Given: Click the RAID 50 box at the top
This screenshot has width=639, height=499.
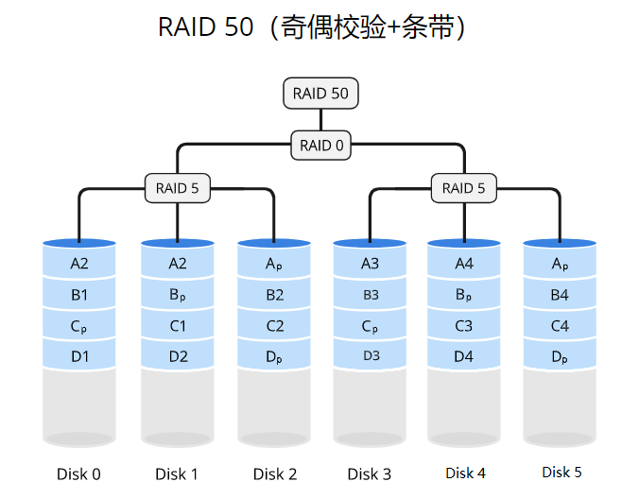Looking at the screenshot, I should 320,94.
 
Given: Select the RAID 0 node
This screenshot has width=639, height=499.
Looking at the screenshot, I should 321,146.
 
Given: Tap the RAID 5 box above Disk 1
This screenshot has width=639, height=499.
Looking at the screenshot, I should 177,188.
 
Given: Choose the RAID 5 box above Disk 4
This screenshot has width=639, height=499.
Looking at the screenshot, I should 463,188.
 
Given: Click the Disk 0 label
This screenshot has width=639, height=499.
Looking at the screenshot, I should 78,473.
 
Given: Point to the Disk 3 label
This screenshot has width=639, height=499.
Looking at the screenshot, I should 369,473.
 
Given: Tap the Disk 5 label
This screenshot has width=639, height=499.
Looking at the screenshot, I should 561,472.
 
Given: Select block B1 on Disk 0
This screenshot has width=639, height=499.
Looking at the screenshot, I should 79,295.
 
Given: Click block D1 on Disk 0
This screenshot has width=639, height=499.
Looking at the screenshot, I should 79,356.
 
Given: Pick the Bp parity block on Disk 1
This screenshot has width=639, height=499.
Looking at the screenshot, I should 177,295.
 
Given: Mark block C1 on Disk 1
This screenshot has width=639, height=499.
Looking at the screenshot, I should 177,326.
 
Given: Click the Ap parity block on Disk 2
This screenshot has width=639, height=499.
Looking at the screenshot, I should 274,265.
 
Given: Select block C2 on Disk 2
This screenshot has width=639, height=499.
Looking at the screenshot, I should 274,326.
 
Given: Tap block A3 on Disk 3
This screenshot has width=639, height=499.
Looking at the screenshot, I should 370,265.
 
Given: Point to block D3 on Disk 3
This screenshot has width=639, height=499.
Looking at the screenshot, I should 370,356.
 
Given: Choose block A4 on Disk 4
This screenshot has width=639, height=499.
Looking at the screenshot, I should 464,264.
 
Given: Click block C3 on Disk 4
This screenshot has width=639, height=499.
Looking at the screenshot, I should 464,326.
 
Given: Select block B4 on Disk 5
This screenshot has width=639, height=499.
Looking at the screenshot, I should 560,295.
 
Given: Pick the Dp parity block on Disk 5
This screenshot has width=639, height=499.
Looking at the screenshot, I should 560,357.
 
